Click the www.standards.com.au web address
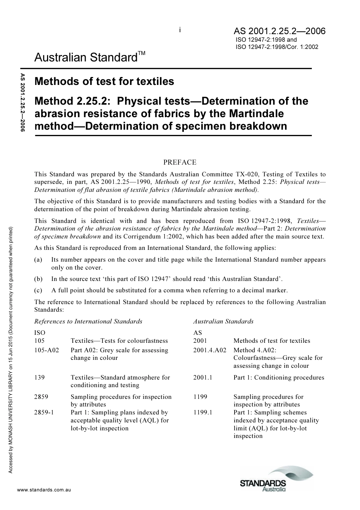pos(44,490)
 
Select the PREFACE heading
pos(180,162)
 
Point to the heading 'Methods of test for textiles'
pos(104,82)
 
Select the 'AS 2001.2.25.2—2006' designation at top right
pos(279,31)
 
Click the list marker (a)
pos(38,260)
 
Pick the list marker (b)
pos(38,279)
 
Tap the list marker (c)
pos(38,290)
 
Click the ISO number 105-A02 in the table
pos(47,350)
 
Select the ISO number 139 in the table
pos(39,377)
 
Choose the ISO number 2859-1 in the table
pos(44,413)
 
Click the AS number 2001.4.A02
pos(210,350)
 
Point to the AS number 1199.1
pos(203,413)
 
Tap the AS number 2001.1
pos(203,377)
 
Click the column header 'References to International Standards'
pos(88,322)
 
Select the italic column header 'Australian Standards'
pos(223,322)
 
